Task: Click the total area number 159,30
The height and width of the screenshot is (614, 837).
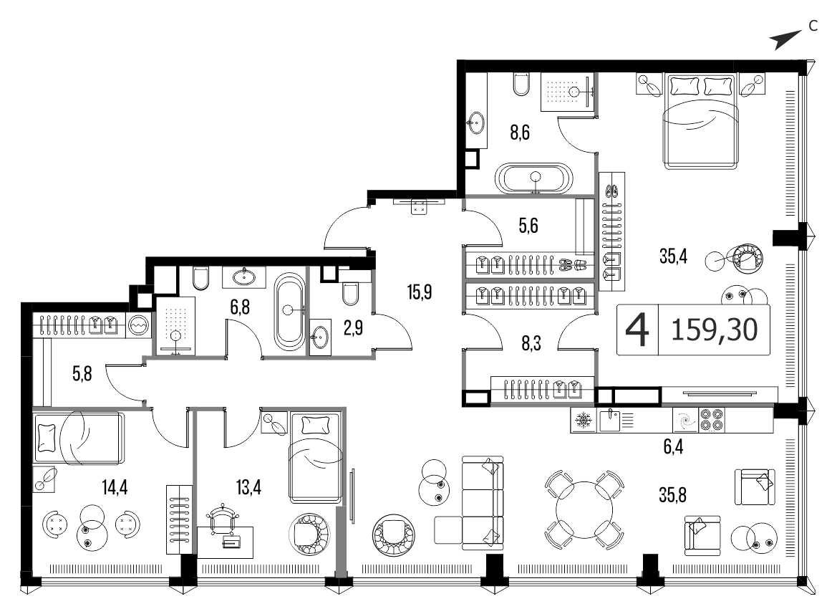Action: click(x=715, y=330)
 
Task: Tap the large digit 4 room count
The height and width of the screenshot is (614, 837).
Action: click(x=637, y=330)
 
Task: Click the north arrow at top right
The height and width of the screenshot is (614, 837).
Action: click(x=785, y=39)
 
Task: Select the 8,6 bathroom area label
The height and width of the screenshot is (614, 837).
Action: click(x=519, y=132)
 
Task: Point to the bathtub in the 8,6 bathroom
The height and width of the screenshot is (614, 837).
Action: click(x=534, y=178)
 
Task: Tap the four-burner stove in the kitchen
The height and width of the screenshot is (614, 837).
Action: click(x=712, y=420)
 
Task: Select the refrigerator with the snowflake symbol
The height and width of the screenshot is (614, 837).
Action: click(x=584, y=420)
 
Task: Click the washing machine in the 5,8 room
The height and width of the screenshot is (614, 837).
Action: click(x=137, y=325)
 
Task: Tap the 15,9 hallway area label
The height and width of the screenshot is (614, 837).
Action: click(x=419, y=292)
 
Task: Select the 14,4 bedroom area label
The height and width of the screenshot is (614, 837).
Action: click(x=115, y=487)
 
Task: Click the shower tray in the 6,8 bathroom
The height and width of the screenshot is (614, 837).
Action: click(x=175, y=325)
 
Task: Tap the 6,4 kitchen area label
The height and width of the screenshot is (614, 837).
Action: click(x=673, y=446)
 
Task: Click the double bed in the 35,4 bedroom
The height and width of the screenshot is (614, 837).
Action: click(x=701, y=120)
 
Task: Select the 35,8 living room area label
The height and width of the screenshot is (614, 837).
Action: click(x=672, y=495)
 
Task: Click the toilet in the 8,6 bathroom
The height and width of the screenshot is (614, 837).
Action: click(x=521, y=84)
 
